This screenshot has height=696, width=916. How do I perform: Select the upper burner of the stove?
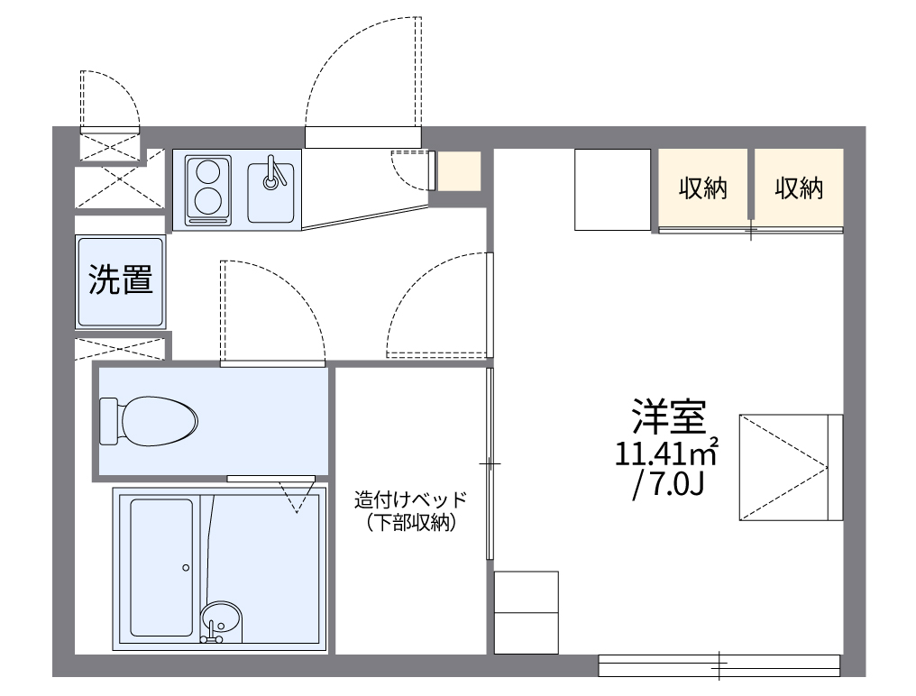click(208, 169)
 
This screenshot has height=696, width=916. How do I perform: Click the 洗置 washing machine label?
click(120, 281)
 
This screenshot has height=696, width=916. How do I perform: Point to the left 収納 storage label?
click(703, 188)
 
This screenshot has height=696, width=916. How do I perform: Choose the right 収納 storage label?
click(799, 188)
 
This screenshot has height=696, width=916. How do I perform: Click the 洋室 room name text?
click(666, 417)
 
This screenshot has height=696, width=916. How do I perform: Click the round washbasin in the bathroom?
click(221, 620)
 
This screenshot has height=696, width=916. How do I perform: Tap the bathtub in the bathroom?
click(161, 567)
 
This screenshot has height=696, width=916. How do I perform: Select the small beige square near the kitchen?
click(459, 171)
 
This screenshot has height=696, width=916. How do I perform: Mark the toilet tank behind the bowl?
click(109, 421)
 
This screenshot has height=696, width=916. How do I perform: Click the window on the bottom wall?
click(719, 665)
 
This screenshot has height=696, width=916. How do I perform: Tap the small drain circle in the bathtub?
click(186, 567)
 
